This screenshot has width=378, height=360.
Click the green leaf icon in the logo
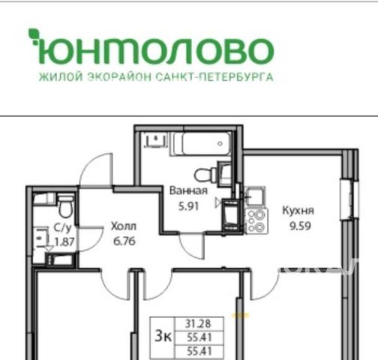(x=34, y=37)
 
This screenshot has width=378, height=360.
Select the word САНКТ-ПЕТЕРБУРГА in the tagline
(x=214, y=77)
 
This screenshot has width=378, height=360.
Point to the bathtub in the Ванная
(x=201, y=144)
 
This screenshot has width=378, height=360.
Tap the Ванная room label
(x=188, y=190)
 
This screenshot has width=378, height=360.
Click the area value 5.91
(x=188, y=206)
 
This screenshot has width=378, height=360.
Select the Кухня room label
(x=298, y=210)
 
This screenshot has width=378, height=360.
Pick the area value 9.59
(x=300, y=226)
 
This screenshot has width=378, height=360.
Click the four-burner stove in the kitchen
(x=257, y=221)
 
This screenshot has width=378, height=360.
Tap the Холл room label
(x=124, y=226)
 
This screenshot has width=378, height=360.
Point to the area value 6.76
(x=124, y=241)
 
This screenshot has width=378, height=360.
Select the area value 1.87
(x=64, y=242)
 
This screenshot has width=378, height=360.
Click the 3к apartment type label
(x=163, y=335)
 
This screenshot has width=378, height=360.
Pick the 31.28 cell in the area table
(x=198, y=324)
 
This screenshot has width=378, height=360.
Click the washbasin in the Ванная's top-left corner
(x=155, y=140)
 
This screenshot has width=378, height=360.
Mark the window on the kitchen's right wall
(x=349, y=199)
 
